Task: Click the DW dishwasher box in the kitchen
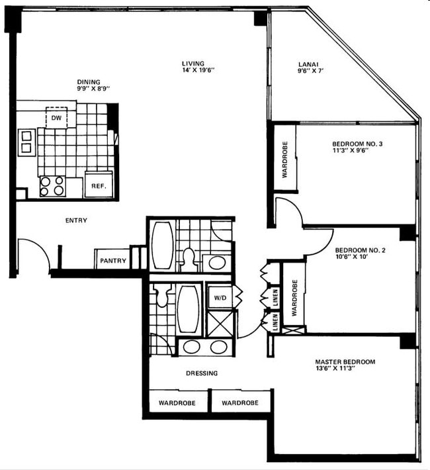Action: coord(58,117)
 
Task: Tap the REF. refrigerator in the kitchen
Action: coord(99,185)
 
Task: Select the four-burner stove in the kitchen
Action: coord(52,185)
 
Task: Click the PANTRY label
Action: coord(113,261)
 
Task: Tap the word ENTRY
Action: coord(76,220)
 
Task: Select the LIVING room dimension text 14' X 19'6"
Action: coord(198,70)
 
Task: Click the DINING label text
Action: coord(89,83)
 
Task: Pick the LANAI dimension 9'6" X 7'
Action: coord(310,71)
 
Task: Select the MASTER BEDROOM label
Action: coord(345,362)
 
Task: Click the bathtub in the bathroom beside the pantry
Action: coord(162,245)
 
